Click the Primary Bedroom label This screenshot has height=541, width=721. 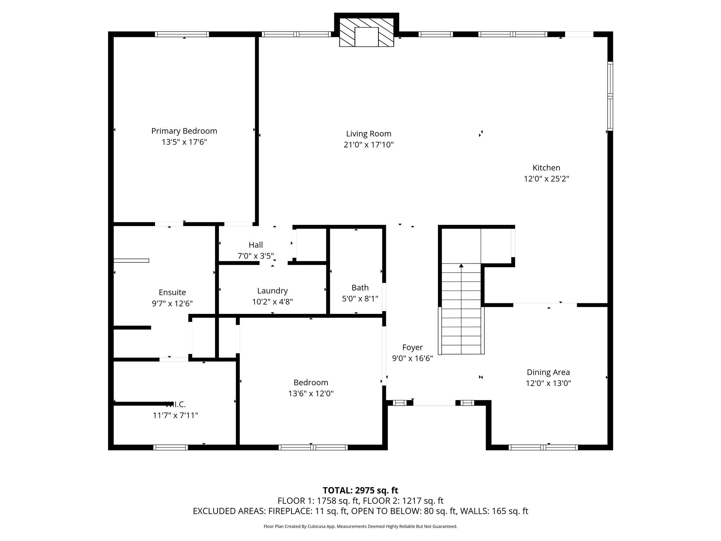pyautogui.click(x=184, y=131)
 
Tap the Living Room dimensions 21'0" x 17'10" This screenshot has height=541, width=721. pyautogui.click(x=369, y=145)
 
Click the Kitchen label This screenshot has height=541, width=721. pyautogui.click(x=546, y=168)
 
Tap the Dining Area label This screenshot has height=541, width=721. pyautogui.click(x=548, y=372)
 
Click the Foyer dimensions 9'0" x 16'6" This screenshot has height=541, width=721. pyautogui.click(x=412, y=359)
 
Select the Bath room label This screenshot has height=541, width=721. pyautogui.click(x=360, y=288)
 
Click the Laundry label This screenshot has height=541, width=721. pyautogui.click(x=272, y=291)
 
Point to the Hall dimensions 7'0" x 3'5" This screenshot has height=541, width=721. pyautogui.click(x=256, y=256)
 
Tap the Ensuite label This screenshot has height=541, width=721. pyautogui.click(x=172, y=292)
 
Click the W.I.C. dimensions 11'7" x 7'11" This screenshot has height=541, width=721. pyautogui.click(x=175, y=416)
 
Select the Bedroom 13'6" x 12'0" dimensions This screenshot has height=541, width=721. pyautogui.click(x=311, y=393)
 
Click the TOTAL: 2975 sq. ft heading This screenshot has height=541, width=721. pyautogui.click(x=360, y=490)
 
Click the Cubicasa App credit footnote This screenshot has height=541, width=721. pyautogui.click(x=360, y=527)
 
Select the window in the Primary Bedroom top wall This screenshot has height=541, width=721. pyautogui.click(x=182, y=34)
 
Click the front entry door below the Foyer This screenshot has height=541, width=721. pyautogui.click(x=434, y=404)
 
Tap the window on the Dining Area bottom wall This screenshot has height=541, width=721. pyautogui.click(x=543, y=448)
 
